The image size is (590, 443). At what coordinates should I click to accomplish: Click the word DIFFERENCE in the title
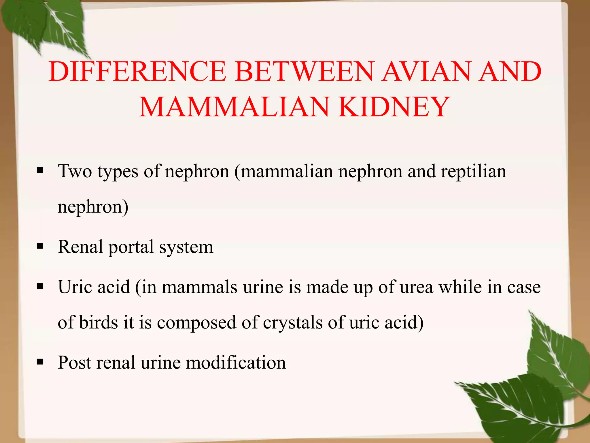coord(137,72)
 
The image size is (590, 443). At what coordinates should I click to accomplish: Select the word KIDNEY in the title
coord(394,107)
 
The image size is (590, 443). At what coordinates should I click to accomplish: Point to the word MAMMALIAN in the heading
coord(234,107)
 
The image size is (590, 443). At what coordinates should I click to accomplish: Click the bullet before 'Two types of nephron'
coord(40,171)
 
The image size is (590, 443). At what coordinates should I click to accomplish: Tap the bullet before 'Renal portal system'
coord(40,246)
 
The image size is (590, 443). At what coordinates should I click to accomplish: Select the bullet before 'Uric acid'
coord(40,286)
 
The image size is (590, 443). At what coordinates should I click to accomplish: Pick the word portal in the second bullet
coord(131,247)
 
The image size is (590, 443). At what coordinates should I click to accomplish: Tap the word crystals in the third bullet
coord(292,322)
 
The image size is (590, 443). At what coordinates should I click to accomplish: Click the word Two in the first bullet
coord(75,171)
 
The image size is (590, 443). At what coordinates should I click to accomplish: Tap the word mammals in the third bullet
coord(199,287)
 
